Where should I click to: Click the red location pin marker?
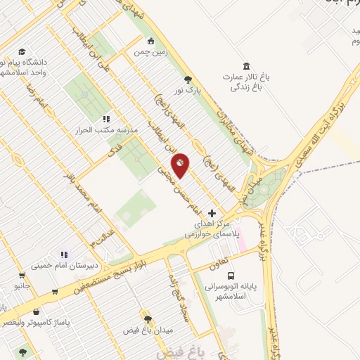pyautogui.click(x=181, y=165)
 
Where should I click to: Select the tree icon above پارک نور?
pyautogui.click(x=188, y=79)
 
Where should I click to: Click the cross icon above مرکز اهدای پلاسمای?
pyautogui.click(x=213, y=212)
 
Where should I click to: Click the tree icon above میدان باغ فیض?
pyautogui.click(x=147, y=319)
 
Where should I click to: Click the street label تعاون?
pyautogui.click(x=218, y=266)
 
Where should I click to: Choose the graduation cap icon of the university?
pyautogui.click(x=22, y=52)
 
